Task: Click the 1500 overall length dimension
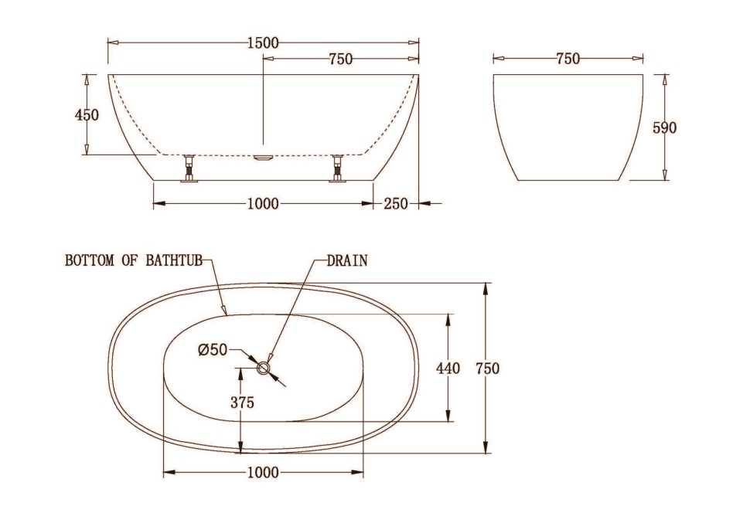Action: pos(263,43)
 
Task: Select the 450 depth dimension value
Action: pos(87,115)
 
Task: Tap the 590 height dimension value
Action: pos(664,128)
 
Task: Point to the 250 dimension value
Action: pos(396,204)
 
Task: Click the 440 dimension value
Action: pos(448,369)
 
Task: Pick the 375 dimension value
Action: pos(242,403)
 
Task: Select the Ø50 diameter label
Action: pos(213,350)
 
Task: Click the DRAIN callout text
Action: pos(347,261)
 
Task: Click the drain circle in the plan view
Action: pos(264,368)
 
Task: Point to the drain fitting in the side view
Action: pos(264,157)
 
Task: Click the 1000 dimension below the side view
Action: pos(263,204)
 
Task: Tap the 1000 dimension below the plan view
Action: pos(263,474)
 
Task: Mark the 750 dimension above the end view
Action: pos(568,59)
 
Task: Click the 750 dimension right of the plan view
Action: pos(487,369)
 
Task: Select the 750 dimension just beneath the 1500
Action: pos(341,59)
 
